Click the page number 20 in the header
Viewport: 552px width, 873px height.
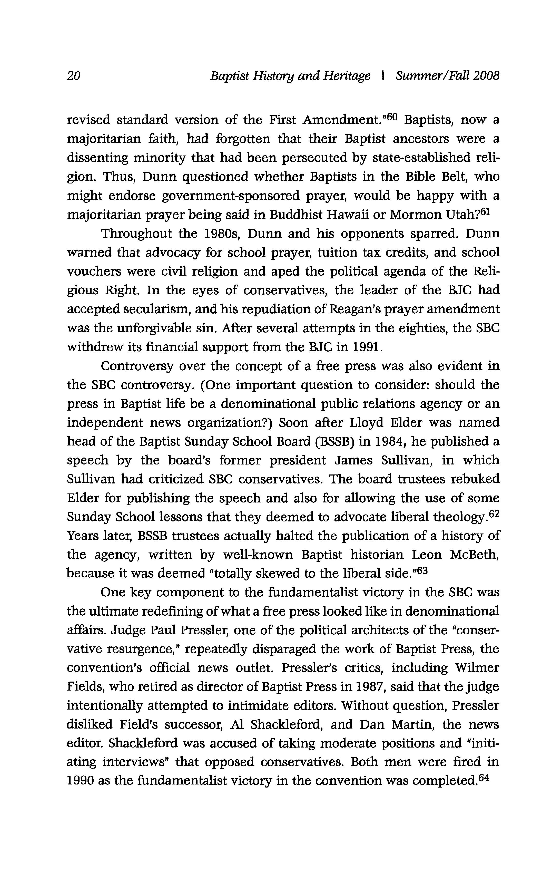click(x=74, y=75)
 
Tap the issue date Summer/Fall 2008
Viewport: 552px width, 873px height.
click(x=448, y=75)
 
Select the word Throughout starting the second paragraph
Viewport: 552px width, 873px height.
click(x=136, y=234)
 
